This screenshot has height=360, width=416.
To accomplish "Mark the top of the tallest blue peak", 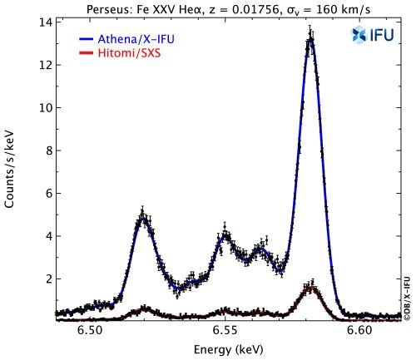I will (310, 37).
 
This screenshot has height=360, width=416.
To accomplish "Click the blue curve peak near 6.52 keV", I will (143, 216).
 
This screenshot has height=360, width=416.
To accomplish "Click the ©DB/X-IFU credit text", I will (408, 296).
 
